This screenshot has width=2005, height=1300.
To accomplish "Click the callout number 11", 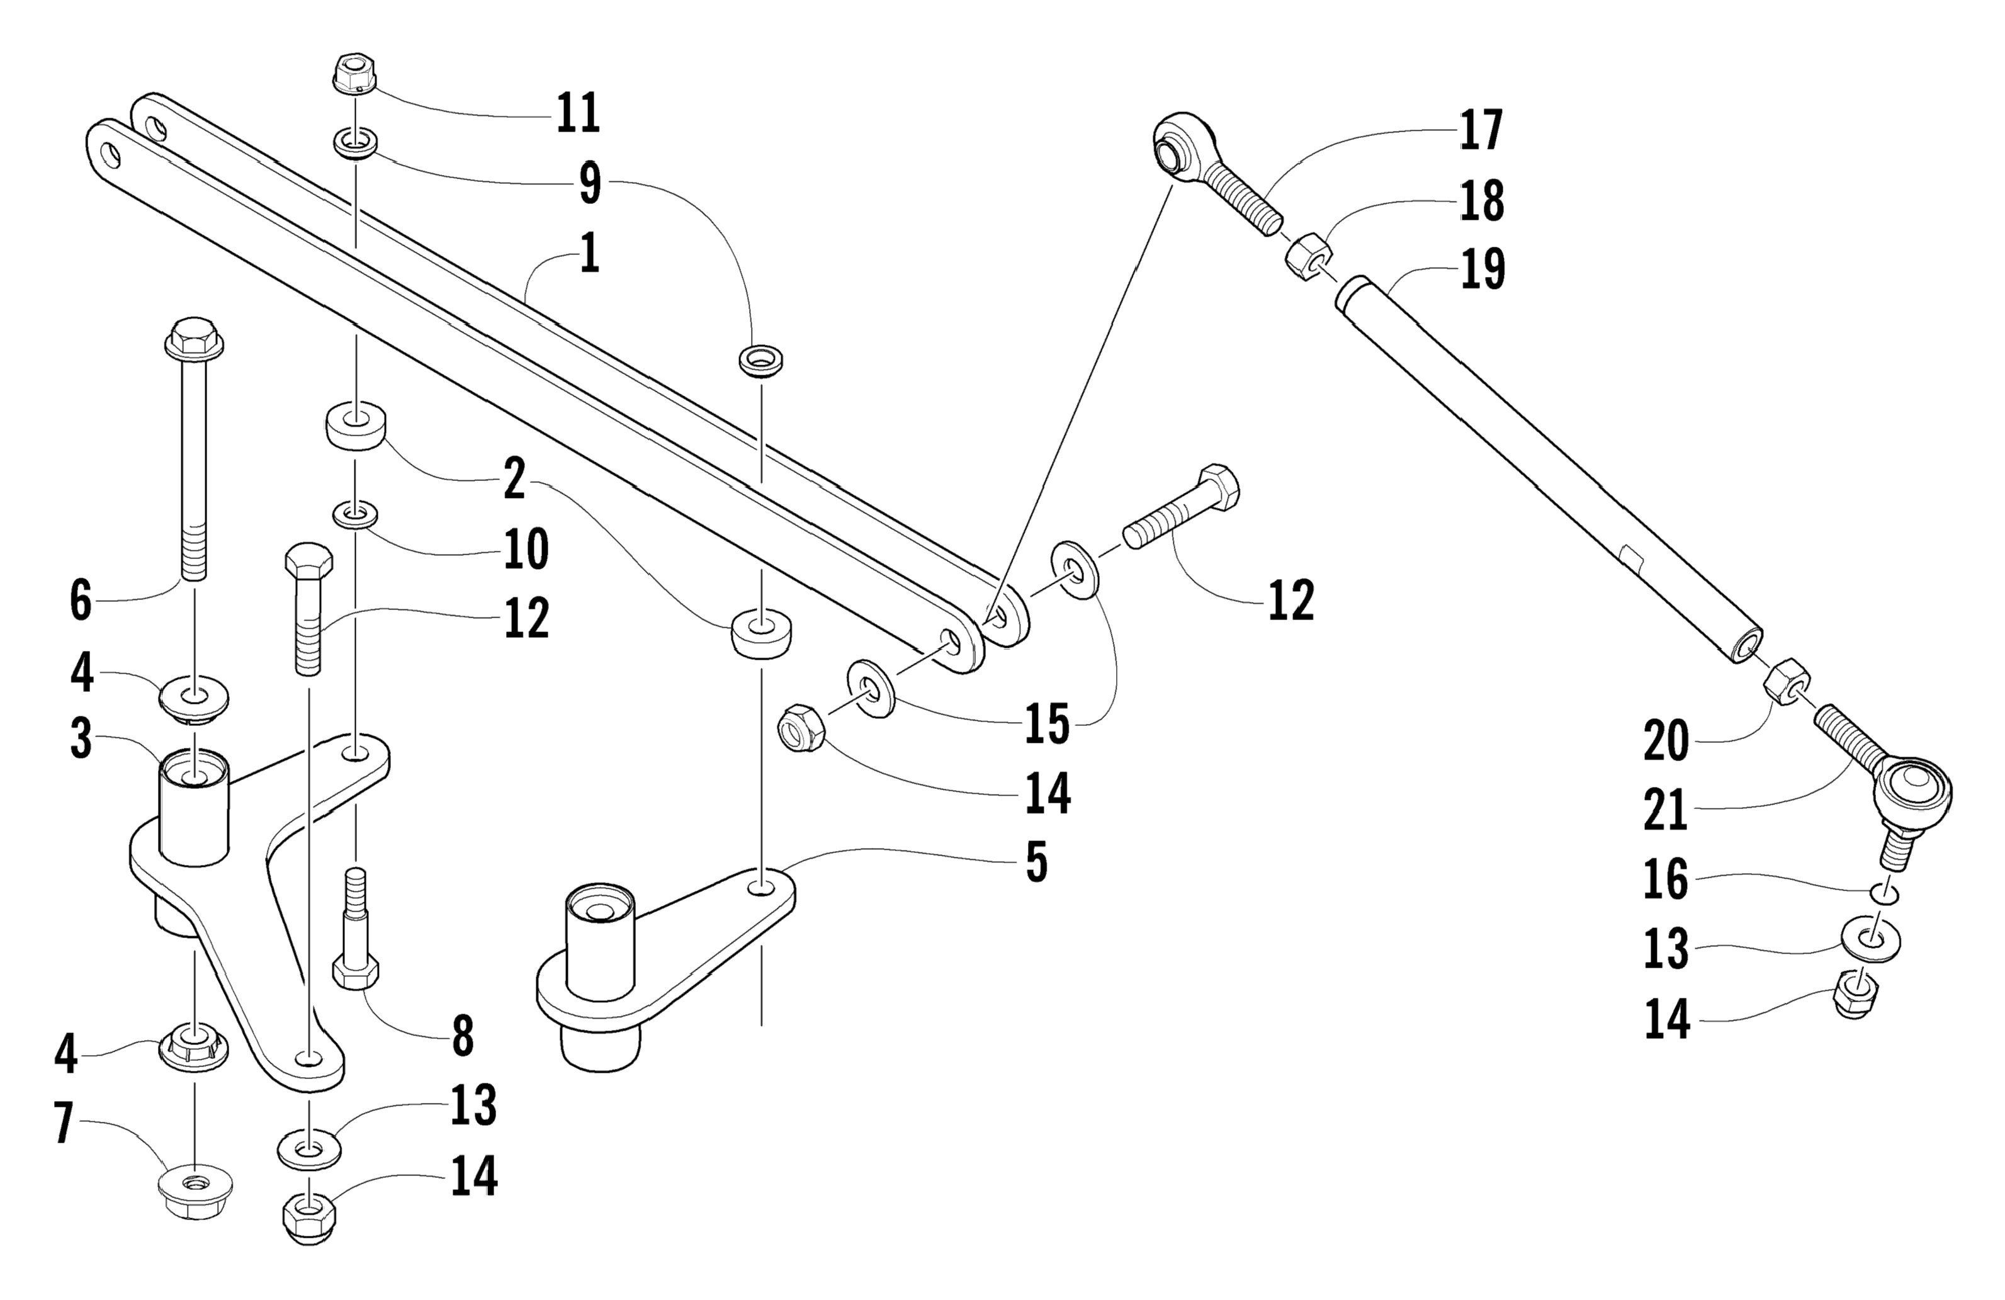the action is coord(578,113).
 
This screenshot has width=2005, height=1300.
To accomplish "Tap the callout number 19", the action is coord(1482,269).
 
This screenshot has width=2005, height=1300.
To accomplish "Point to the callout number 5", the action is coord(1036,862).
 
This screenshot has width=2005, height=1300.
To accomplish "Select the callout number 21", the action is coord(1666,810).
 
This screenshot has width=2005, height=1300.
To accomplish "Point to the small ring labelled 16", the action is coord(1885,894).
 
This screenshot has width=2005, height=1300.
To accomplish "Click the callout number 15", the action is coord(1046,724).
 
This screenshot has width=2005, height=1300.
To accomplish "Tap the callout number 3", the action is coord(81,739).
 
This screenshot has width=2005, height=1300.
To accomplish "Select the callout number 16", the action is coord(1666,881).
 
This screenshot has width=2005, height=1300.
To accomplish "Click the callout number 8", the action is coord(463,1036).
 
